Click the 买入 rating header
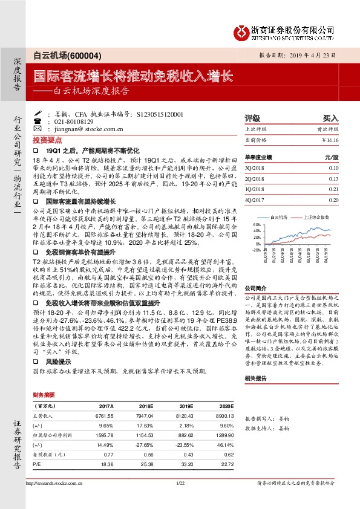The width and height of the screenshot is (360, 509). (331, 118)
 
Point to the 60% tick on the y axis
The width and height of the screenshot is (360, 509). (257, 224)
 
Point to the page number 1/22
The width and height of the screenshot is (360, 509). (179, 483)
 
